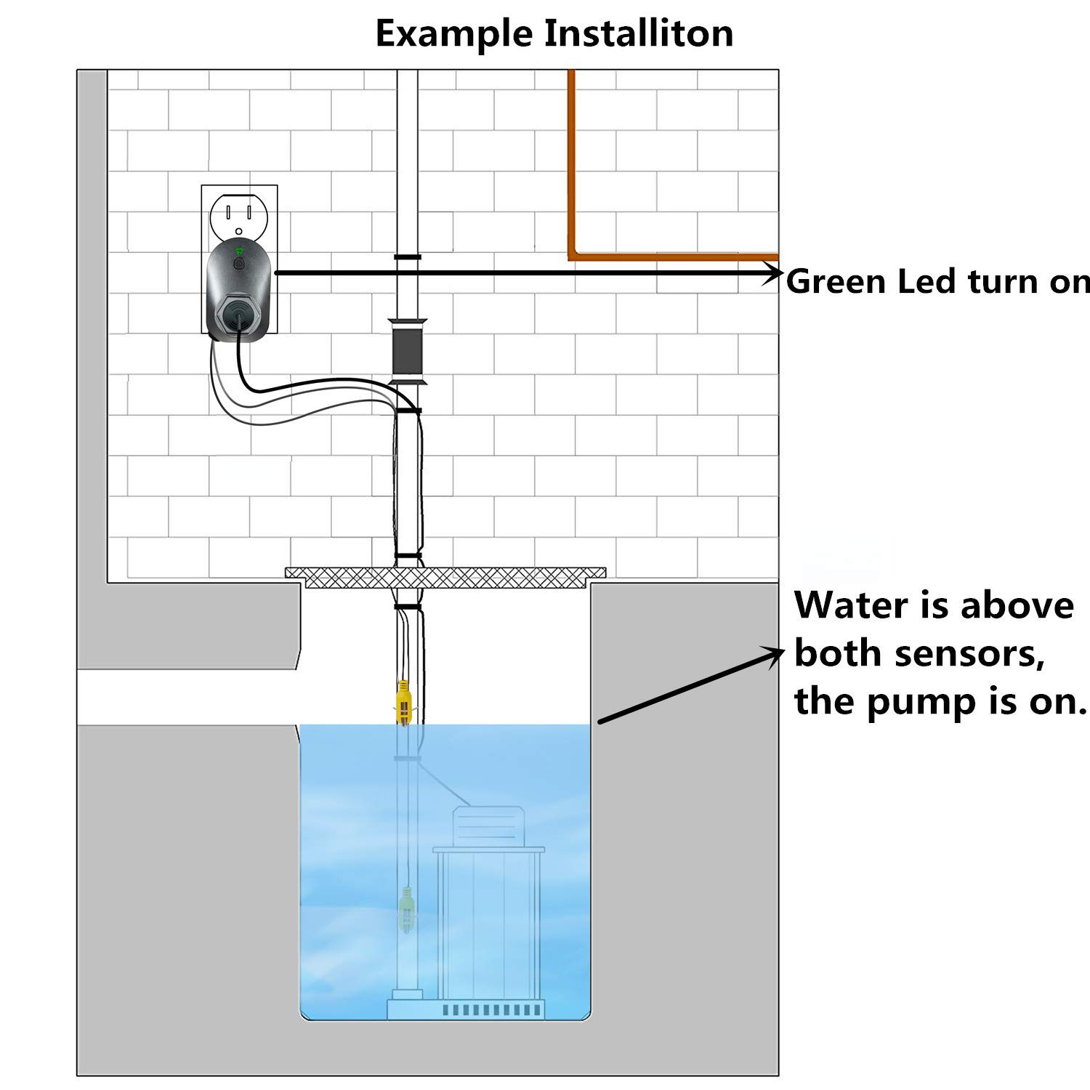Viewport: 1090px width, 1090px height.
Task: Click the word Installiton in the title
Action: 639,33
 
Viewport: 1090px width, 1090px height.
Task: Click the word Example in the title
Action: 452,33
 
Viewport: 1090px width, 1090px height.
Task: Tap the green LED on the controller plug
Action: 238,251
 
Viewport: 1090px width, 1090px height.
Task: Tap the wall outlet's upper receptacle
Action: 239,212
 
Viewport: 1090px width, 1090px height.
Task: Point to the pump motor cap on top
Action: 486,825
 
